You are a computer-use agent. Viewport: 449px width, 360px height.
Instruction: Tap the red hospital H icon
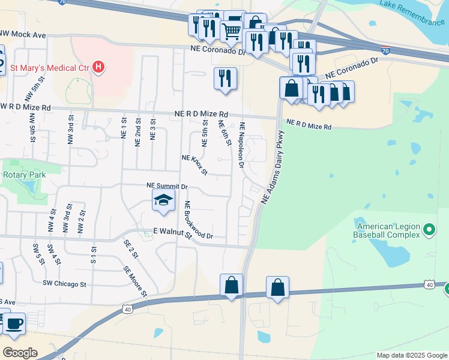(98, 67)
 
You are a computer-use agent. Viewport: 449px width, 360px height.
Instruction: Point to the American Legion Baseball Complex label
(387, 230)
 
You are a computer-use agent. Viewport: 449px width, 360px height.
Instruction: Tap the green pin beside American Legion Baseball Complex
(429, 229)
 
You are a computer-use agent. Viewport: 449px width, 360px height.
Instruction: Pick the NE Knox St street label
(194, 164)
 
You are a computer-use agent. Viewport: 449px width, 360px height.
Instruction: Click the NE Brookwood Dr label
(199, 220)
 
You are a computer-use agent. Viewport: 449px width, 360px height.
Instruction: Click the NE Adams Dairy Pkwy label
(272, 169)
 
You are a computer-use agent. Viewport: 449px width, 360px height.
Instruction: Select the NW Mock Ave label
(23, 35)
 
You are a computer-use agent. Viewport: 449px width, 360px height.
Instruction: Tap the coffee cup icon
(14, 324)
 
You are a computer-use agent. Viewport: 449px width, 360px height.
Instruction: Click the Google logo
(20, 352)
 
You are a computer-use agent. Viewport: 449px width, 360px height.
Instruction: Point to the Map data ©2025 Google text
(411, 355)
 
